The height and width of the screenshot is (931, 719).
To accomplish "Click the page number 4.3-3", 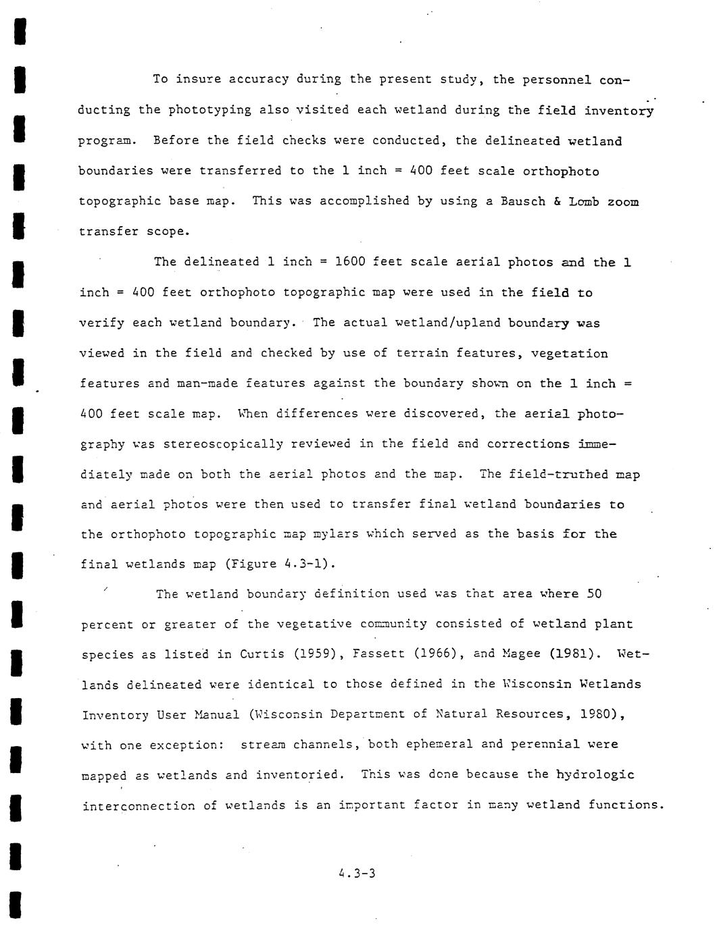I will [x=357, y=874].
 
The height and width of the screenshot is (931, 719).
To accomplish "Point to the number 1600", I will [x=350, y=262].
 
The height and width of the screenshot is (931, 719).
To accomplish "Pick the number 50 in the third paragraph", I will [x=594, y=594].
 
